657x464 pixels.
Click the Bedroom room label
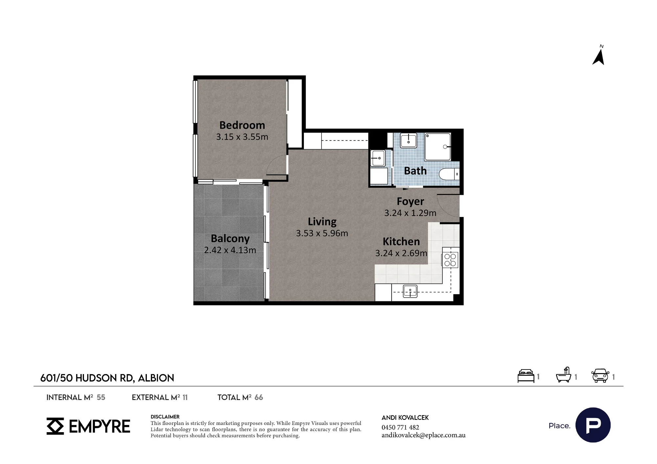coord(242,125)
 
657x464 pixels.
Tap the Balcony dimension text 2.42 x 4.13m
coord(230,250)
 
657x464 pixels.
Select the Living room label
coord(322,222)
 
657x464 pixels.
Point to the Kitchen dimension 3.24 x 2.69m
coord(401,253)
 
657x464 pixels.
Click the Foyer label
coord(410,201)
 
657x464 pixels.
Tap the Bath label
coord(415,171)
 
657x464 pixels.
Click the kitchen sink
coord(410,291)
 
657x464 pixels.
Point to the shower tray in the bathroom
coord(438,147)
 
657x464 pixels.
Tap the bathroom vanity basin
coord(409,140)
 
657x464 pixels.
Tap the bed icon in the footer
coord(526,376)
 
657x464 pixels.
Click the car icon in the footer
coord(600,376)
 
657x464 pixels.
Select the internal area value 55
coord(101,397)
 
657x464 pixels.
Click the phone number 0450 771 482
coord(400,427)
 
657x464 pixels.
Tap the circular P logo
coord(593,425)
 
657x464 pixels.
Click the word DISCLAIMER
coord(165,417)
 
